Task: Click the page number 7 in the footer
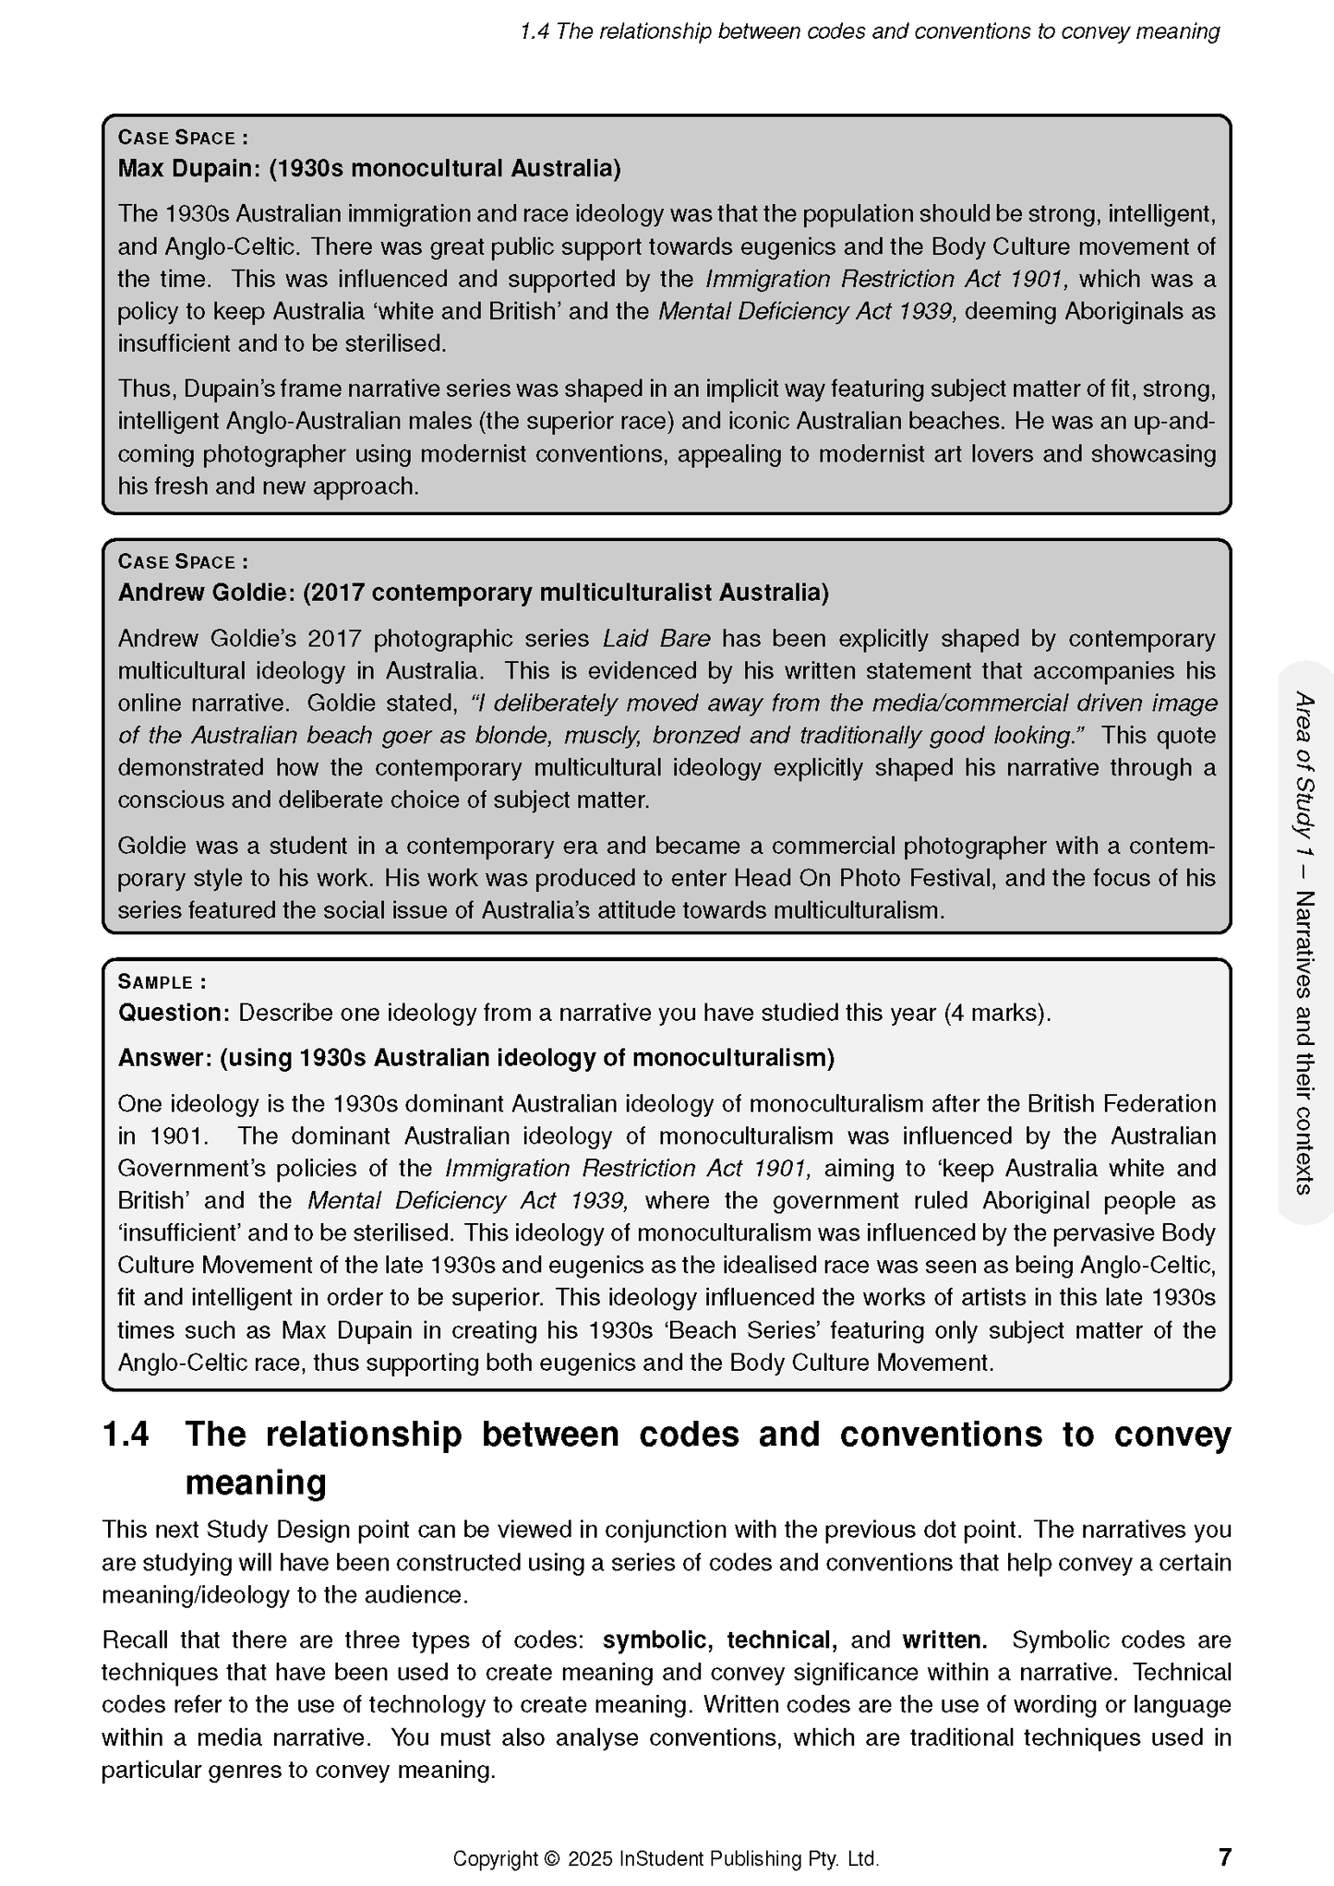[x=1224, y=1856]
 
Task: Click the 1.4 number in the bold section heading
[x=126, y=1435]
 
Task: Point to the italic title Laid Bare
[x=656, y=638]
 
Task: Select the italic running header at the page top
[x=869, y=31]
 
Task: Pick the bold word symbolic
[x=656, y=1640]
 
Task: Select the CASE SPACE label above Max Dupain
[x=181, y=138]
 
